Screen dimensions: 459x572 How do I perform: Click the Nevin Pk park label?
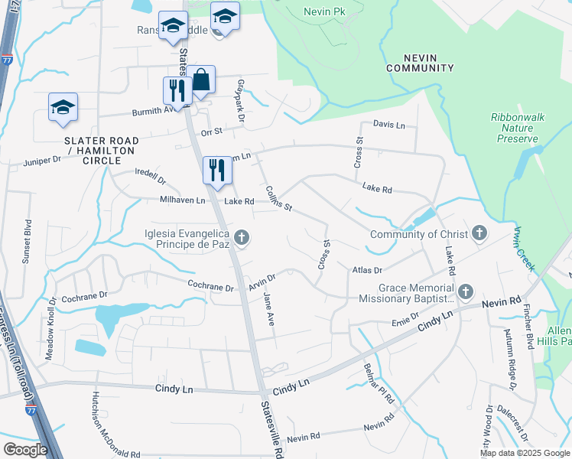pos(326,12)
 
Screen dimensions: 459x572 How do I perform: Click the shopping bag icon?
pos(202,80)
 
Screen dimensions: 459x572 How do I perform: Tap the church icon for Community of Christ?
pos(479,234)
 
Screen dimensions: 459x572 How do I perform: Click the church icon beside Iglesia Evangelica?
pos(242,238)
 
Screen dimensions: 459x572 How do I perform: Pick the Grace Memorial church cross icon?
pos(465,292)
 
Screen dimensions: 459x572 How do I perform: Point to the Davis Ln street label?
pos(389,124)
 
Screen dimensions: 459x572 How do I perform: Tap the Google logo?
pos(25,450)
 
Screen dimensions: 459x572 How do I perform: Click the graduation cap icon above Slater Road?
pos(63,108)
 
